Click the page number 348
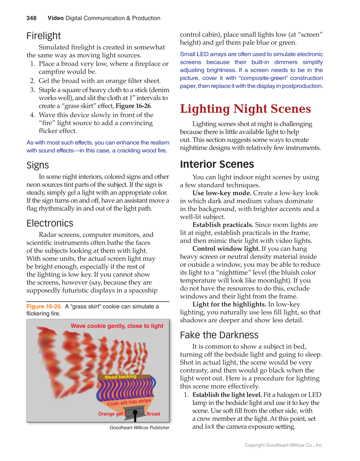coord(31,18)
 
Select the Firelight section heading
coord(44,36)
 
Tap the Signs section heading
coord(38,165)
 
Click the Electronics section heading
coord(50,223)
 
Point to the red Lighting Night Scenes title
coord(245,109)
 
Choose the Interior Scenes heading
coord(217,164)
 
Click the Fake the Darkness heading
coord(219,335)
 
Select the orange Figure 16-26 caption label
coord(44,306)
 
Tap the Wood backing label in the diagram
coord(121,377)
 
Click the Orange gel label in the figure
coord(111,414)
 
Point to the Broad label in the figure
coord(153,414)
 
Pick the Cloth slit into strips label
coord(129,402)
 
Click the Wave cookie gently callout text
coord(117,326)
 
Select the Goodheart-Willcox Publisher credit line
coord(140,428)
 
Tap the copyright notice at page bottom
coord(284,445)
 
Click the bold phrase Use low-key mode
coord(222,193)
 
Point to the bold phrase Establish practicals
coord(223,225)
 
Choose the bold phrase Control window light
coord(226,249)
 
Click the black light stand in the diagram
coord(135,415)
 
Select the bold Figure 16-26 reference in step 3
coord(134,106)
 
